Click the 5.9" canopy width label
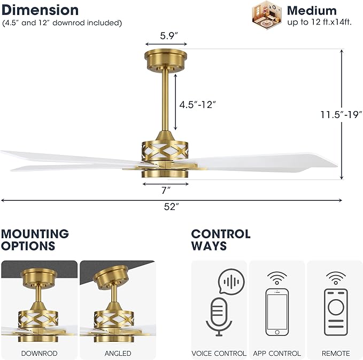click(x=169, y=36)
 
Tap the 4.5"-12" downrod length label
click(x=197, y=105)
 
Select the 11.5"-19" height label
click(x=341, y=114)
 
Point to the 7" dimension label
click(x=166, y=190)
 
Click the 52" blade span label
click(x=172, y=207)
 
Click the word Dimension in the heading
click(x=40, y=10)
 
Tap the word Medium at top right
click(x=312, y=11)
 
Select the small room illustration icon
click(x=267, y=15)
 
